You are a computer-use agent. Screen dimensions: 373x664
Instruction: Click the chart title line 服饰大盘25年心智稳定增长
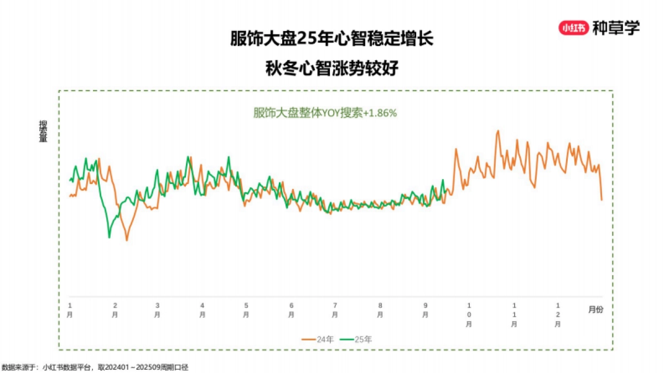(x=331, y=39)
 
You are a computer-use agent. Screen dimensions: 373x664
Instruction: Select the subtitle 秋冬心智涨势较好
(x=331, y=69)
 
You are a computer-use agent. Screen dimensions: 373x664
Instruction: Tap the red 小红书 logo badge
(x=573, y=28)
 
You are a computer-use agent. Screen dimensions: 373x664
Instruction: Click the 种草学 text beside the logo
(x=616, y=28)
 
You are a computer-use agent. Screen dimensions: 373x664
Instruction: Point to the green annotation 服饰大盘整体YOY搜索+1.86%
(x=325, y=113)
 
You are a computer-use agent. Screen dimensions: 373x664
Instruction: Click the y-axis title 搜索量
(x=43, y=131)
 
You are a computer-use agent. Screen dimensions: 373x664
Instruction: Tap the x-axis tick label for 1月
(x=70, y=310)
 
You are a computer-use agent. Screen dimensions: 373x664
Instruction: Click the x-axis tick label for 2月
(x=115, y=310)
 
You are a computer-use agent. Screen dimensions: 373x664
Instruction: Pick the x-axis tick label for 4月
(x=202, y=310)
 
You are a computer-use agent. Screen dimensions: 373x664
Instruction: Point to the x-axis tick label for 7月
(x=335, y=310)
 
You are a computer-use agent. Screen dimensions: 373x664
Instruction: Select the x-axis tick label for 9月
(x=425, y=310)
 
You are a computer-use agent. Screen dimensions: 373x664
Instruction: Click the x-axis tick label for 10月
(x=469, y=314)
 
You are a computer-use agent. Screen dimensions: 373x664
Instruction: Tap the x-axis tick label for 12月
(x=558, y=314)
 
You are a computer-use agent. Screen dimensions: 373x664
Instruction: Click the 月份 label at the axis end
(x=595, y=310)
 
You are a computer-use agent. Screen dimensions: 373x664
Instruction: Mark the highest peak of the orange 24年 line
(x=498, y=131)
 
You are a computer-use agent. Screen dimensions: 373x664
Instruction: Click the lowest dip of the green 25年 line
(x=109, y=238)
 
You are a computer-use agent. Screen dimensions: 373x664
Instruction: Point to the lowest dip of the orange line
(x=127, y=240)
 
